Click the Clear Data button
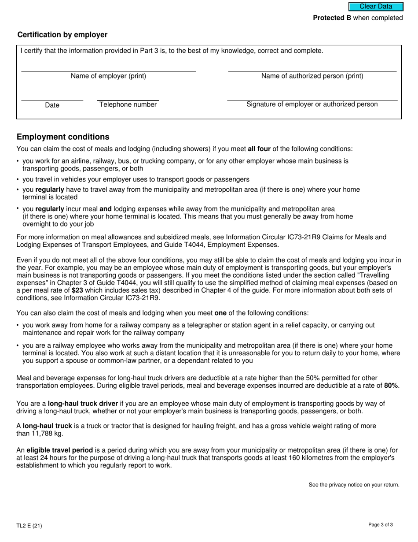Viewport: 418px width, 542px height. pos(376,7)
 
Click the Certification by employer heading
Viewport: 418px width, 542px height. pos(62,35)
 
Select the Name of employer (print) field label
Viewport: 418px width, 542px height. pos(108,76)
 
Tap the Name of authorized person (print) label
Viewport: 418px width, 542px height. pos(312,76)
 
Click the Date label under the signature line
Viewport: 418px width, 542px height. pos(52,105)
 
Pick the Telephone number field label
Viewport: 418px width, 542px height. pos(128,104)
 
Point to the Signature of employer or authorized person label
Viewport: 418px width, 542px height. pos(312,104)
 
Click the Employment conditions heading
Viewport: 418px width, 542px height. pos(63,137)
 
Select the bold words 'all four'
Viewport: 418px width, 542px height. pos(259,149)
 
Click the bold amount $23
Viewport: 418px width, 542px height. pos(77,290)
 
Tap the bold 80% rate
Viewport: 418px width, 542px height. pos(391,386)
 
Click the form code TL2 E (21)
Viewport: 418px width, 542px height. pos(29,525)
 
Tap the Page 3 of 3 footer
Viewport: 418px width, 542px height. pos(381,524)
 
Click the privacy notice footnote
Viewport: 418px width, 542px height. pos(354,485)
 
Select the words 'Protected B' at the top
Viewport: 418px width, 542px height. pos(332,18)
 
